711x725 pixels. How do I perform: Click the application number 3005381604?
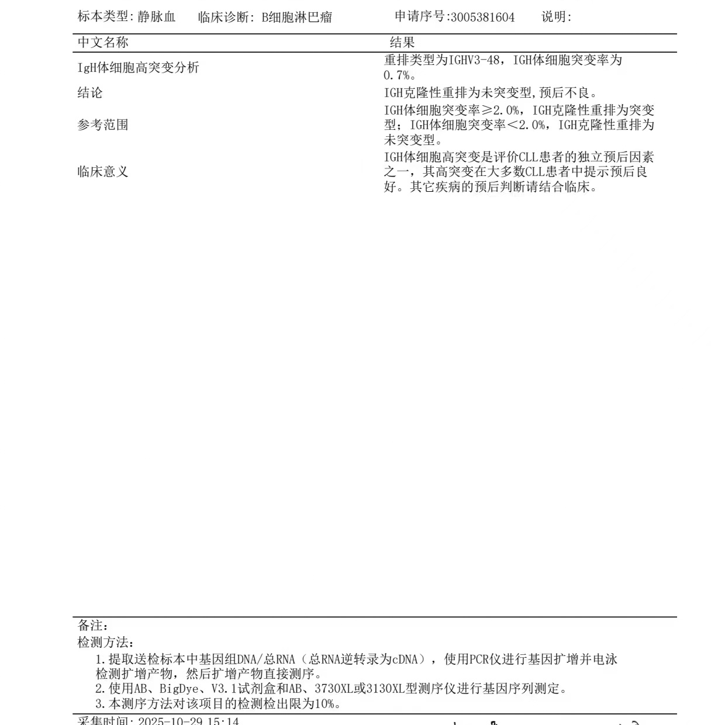point(483,17)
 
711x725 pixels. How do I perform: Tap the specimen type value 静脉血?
point(157,17)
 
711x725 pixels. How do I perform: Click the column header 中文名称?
point(103,42)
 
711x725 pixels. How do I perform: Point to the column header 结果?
point(402,42)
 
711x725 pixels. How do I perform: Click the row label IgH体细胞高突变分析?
point(138,68)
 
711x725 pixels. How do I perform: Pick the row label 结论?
point(89,93)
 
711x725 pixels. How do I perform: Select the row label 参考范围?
point(103,125)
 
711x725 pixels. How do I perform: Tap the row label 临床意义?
point(103,172)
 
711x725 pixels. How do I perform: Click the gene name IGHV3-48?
point(474,60)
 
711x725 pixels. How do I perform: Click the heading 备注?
point(92,626)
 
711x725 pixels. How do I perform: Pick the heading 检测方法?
point(105,643)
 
